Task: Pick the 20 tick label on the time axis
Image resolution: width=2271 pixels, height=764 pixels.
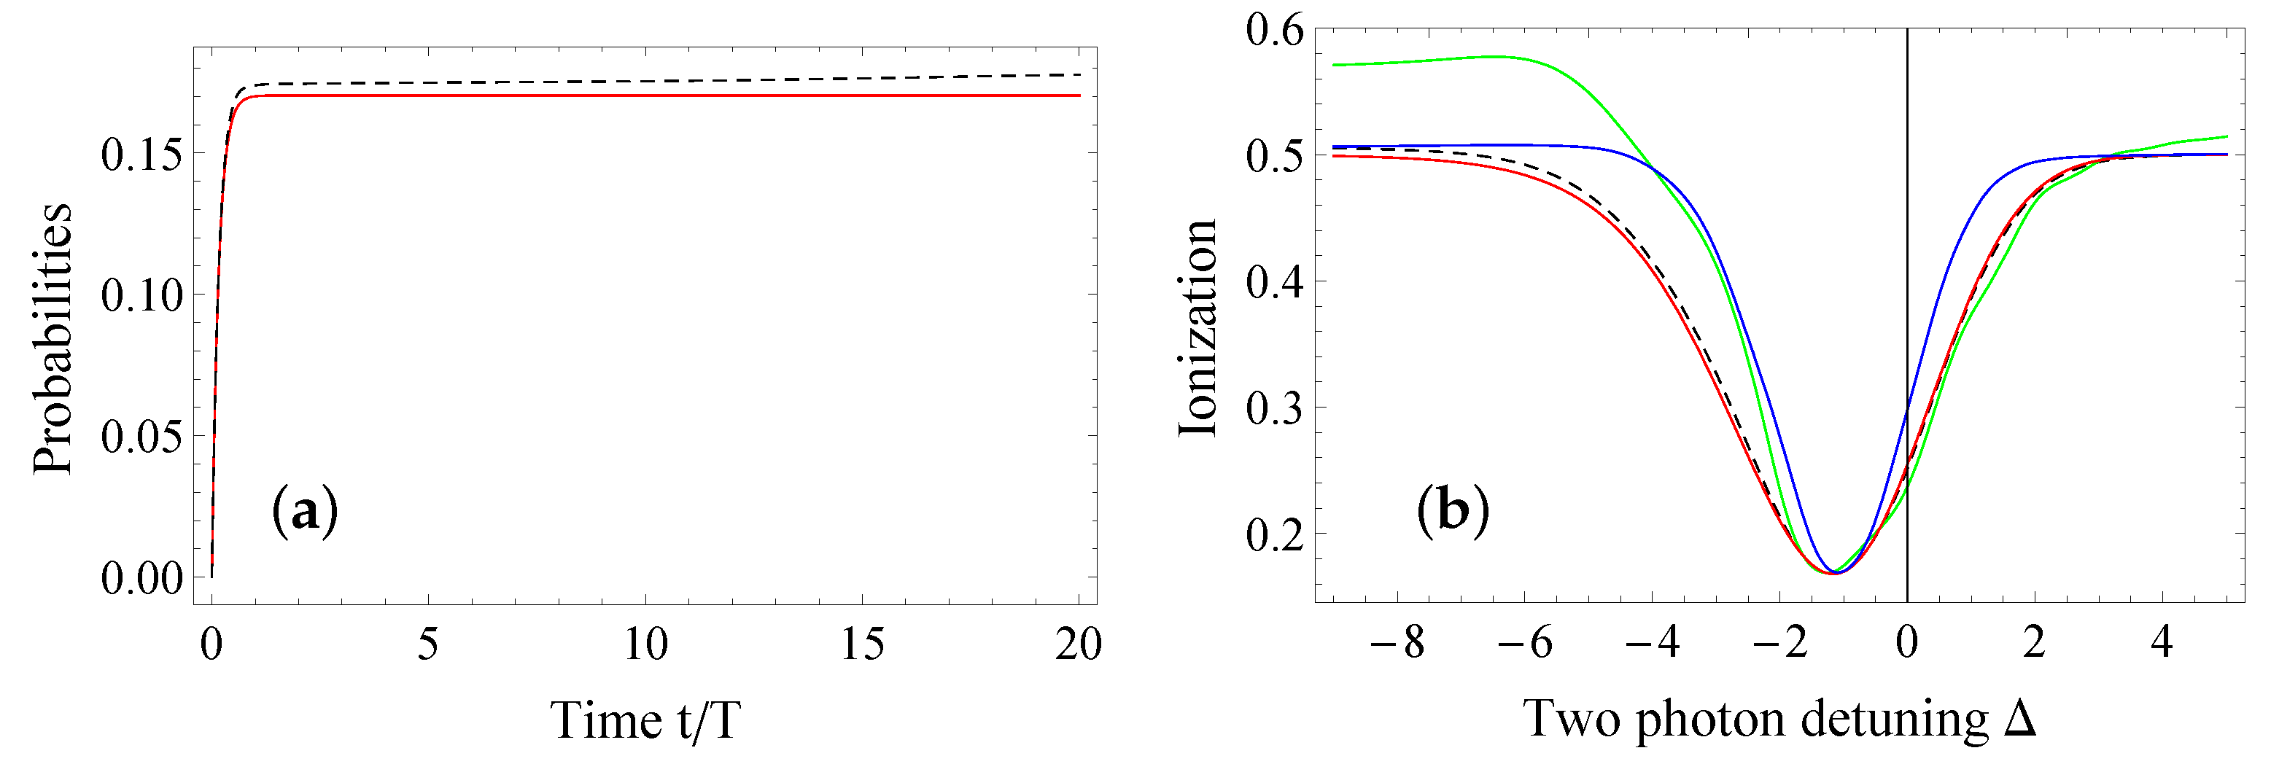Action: (x=1078, y=645)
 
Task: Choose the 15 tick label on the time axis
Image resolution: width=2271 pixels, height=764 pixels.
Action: (x=861, y=645)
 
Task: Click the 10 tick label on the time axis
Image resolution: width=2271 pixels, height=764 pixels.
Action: (x=645, y=645)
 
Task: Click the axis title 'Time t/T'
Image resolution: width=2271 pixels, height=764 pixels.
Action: (x=645, y=721)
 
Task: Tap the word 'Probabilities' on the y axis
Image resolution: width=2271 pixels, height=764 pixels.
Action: (x=53, y=339)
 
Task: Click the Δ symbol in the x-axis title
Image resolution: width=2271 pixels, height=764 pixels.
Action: (x=2019, y=718)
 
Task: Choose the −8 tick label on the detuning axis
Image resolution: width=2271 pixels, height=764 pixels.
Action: (x=1398, y=643)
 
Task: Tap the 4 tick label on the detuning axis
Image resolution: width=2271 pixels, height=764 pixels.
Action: (x=2161, y=643)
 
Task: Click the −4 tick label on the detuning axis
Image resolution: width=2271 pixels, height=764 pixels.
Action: (x=1652, y=643)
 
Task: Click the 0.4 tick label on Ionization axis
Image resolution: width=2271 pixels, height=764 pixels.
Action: (x=1274, y=282)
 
